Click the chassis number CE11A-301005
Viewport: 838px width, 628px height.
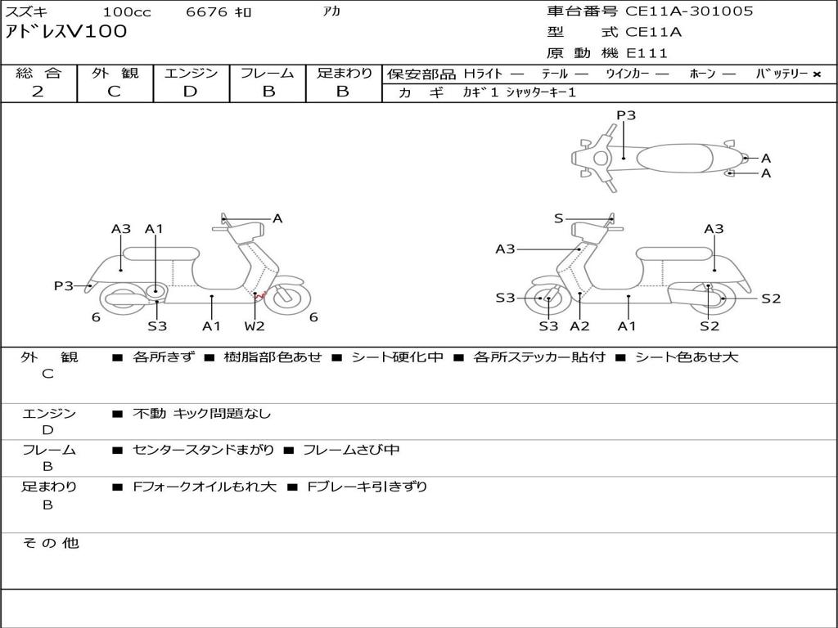(689, 11)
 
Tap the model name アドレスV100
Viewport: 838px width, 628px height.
(66, 32)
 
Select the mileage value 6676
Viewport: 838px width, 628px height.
(206, 11)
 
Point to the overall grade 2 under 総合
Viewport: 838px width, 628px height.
(38, 91)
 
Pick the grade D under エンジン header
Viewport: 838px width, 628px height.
(190, 91)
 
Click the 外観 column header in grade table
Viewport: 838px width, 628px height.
(115, 73)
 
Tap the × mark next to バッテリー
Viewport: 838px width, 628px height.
(817, 74)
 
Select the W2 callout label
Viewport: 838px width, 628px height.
(255, 325)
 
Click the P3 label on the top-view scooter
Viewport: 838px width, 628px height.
(626, 115)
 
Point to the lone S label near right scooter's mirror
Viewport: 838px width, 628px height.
(558, 218)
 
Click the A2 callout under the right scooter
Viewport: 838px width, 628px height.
(579, 325)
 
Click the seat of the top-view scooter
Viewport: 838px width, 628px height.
(674, 158)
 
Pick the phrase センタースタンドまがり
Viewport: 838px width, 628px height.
(203, 450)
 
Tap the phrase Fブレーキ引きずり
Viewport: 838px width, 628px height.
(367, 487)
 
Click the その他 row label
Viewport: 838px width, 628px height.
(51, 543)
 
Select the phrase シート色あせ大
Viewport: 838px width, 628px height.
(687, 357)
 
